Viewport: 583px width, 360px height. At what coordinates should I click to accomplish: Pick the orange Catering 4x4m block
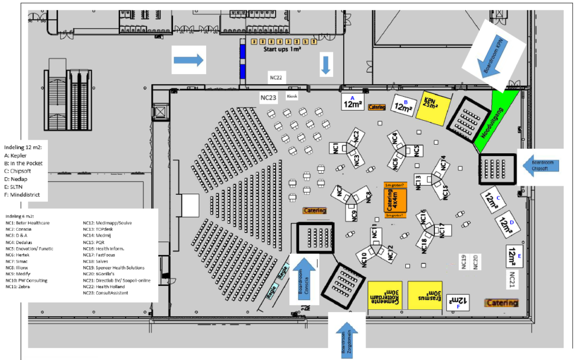395,199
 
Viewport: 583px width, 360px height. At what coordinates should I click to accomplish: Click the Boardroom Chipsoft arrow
539,165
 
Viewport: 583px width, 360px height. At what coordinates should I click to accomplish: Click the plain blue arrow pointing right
188,59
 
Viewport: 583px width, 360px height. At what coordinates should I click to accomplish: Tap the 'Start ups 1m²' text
282,50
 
